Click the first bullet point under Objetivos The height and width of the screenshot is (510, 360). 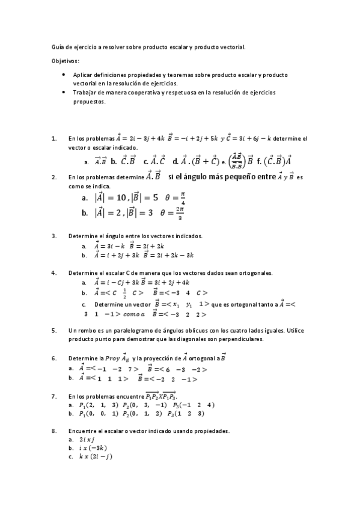(64, 75)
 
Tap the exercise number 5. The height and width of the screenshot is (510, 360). (54, 330)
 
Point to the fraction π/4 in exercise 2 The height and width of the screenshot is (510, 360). (182, 198)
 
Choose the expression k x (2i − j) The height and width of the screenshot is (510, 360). (96, 456)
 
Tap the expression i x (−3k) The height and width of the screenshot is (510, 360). (93, 448)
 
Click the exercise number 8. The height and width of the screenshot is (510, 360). (54, 431)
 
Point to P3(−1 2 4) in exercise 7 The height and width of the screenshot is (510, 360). (193, 405)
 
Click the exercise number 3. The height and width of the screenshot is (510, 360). (54, 236)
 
